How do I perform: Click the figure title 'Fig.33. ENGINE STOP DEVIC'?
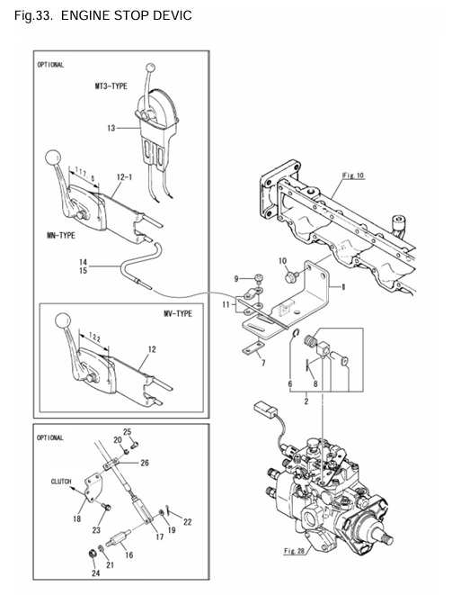pos(103,16)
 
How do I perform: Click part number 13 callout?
pos(111,129)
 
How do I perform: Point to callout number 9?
pos(238,277)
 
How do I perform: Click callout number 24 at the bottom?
pos(91,572)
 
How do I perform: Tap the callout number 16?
pos(128,556)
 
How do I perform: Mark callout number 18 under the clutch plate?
pos(77,518)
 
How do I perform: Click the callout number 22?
pos(187,522)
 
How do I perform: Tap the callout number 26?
pos(146,463)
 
